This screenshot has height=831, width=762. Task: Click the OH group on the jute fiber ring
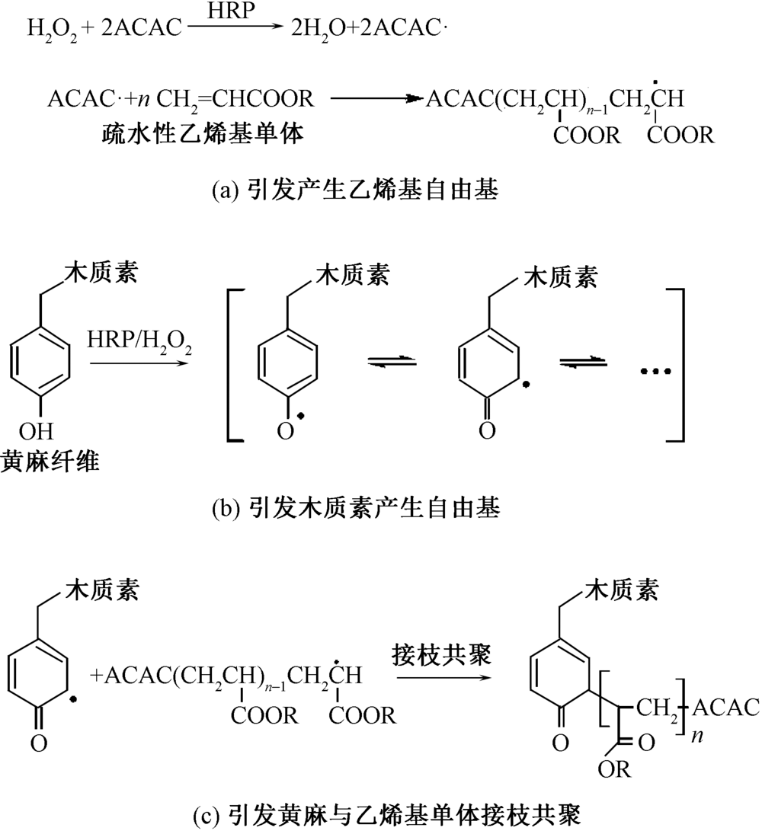(38, 433)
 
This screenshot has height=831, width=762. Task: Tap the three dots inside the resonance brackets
(654, 372)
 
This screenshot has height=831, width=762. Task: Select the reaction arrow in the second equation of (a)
(373, 98)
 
